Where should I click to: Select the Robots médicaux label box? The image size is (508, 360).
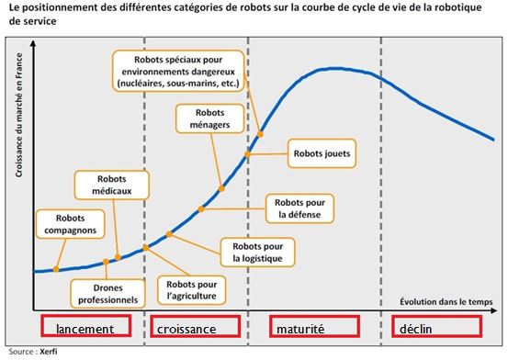(120, 185)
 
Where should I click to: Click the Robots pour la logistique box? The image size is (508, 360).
(256, 251)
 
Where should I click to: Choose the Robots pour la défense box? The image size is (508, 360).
(299, 208)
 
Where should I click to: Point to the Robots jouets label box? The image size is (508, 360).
(324, 154)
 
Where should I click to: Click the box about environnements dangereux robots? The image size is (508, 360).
(177, 71)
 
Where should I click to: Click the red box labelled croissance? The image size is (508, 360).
(196, 328)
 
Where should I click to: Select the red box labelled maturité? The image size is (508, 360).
(315, 328)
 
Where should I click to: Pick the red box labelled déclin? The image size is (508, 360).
(435, 328)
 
